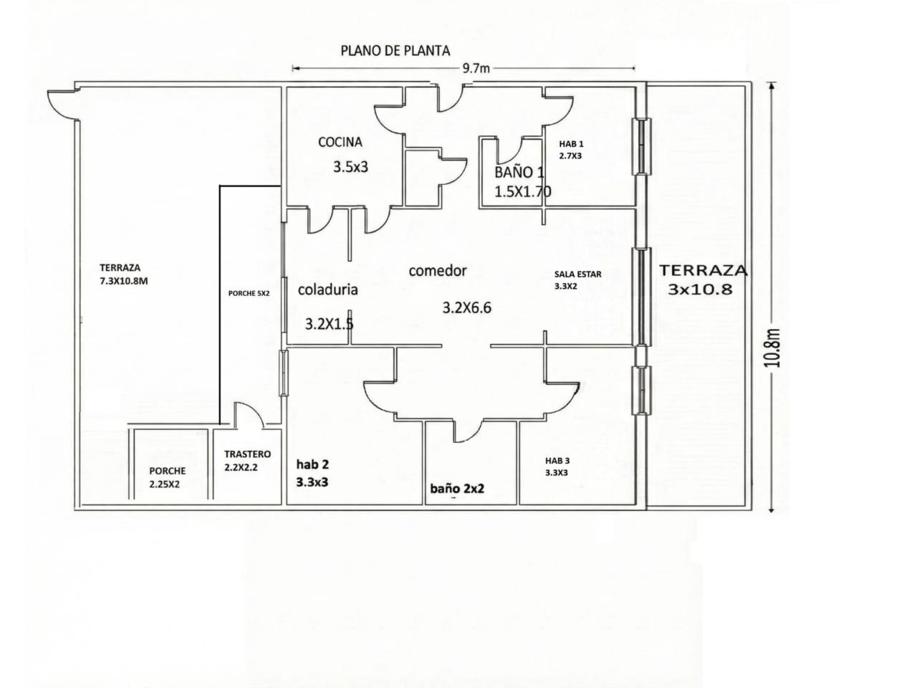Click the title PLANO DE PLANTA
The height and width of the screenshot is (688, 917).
pyautogui.click(x=395, y=51)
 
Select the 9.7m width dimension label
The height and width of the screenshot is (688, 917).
pyautogui.click(x=476, y=69)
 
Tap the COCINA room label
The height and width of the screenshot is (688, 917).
pyautogui.click(x=340, y=143)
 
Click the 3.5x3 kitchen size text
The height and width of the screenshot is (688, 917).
pyautogui.click(x=350, y=168)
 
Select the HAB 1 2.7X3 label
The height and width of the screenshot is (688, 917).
pyautogui.click(x=571, y=149)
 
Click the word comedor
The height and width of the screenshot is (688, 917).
pyautogui.click(x=438, y=271)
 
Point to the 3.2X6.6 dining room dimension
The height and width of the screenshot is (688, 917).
pyautogui.click(x=466, y=308)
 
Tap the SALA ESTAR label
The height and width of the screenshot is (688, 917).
pyautogui.click(x=577, y=279)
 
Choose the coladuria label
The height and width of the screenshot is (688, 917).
pyautogui.click(x=327, y=290)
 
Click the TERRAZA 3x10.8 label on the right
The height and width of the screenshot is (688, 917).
pyautogui.click(x=702, y=280)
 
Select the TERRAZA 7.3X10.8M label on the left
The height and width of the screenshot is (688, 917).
pyautogui.click(x=124, y=274)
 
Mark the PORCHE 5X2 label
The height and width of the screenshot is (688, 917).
pyautogui.click(x=249, y=292)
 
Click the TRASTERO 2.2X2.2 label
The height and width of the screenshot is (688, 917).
pyautogui.click(x=247, y=460)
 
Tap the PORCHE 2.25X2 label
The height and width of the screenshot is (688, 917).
pyautogui.click(x=167, y=477)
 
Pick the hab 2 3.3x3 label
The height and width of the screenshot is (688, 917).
pyautogui.click(x=312, y=473)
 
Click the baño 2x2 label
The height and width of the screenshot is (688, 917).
pyautogui.click(x=457, y=489)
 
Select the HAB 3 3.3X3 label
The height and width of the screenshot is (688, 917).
pyautogui.click(x=557, y=467)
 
